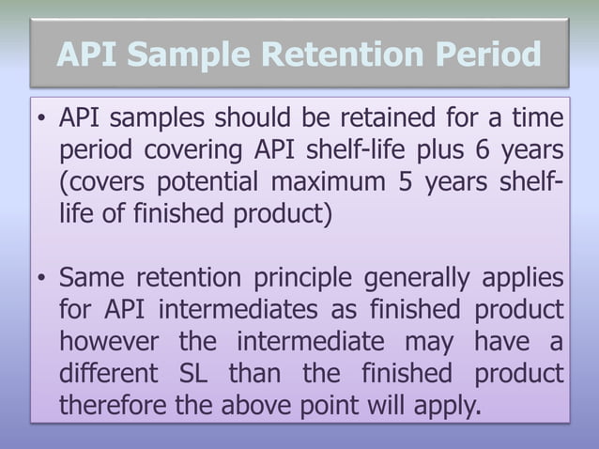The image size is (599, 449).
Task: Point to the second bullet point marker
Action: (43, 279)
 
